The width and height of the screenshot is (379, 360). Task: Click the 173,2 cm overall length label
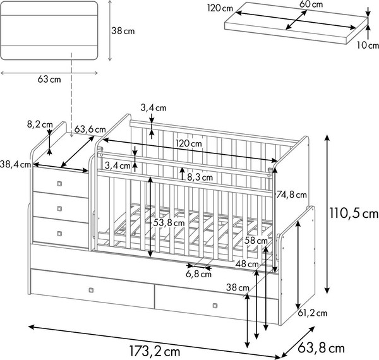tap(155, 351)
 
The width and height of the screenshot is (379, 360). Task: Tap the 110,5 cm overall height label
tap(354, 213)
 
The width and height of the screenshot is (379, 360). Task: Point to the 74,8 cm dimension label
tap(291, 195)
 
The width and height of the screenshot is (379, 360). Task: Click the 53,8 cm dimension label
tap(169, 223)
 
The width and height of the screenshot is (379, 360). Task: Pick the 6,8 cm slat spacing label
tap(199, 274)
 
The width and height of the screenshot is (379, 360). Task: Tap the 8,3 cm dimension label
tap(200, 177)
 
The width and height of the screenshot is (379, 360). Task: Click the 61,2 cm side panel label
tap(312, 313)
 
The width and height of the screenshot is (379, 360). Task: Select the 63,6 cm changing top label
tap(90, 129)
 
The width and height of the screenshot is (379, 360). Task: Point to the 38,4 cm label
tap(15, 165)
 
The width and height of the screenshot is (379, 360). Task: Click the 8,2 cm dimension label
tap(40, 124)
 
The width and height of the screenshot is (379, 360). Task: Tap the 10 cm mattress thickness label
tap(368, 45)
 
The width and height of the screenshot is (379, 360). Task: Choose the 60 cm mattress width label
tap(311, 4)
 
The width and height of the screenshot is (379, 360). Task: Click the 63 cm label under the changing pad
tap(49, 79)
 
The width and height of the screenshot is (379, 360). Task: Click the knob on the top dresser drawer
tap(59, 184)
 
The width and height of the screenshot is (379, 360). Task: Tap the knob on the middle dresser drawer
tap(59, 208)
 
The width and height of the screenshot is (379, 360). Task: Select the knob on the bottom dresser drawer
tap(59, 234)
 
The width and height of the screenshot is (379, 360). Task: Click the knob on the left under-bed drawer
tap(91, 290)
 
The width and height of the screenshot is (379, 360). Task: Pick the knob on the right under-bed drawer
tap(215, 306)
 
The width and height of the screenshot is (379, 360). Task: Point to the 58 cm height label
tap(256, 241)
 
